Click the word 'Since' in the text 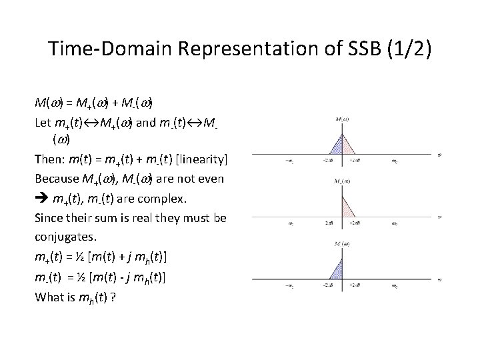(49, 219)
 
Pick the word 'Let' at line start (43, 123)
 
